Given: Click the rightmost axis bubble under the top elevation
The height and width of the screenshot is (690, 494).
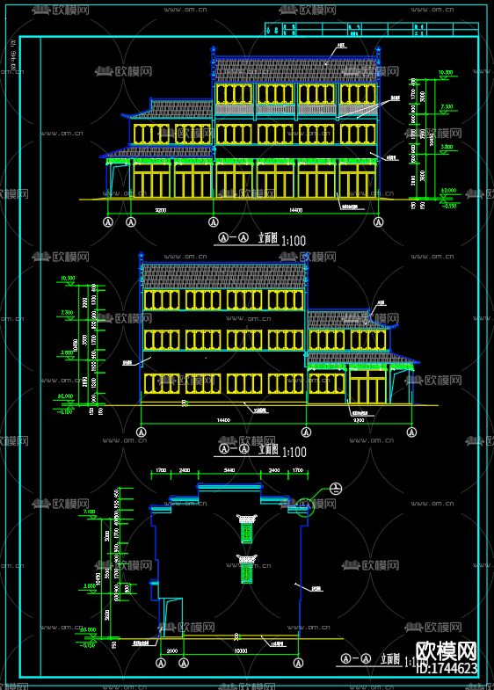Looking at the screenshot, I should (379, 222).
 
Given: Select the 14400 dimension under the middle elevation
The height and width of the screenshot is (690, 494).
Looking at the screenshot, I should (223, 420).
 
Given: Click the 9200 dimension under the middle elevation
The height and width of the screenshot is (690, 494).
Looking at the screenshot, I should (359, 420).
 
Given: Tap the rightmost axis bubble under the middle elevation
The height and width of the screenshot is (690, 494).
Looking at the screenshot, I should (411, 432).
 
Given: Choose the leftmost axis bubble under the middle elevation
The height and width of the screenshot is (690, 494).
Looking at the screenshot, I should (142, 432).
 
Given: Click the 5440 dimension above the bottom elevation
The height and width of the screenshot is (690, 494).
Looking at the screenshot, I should (229, 472).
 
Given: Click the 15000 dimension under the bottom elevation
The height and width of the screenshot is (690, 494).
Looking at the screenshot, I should (239, 650).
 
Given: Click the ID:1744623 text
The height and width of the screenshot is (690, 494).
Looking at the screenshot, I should (447, 670).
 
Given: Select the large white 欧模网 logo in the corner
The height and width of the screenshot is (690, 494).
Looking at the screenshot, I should (447, 650).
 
